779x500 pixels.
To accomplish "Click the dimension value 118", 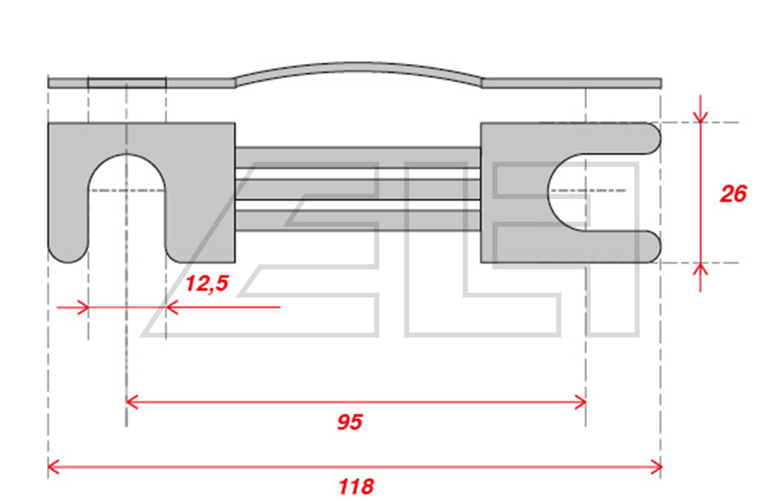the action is [x=356, y=486].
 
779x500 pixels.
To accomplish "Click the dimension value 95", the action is [x=350, y=422].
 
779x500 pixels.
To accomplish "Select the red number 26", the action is [x=733, y=194].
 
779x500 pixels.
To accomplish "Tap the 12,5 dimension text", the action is [x=207, y=283].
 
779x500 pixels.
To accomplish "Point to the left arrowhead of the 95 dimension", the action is [x=132, y=402].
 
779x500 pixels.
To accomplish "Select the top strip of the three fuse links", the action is [x=358, y=158].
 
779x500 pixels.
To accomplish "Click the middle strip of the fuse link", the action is [x=358, y=189].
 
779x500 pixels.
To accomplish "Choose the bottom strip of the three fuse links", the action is [x=358, y=221].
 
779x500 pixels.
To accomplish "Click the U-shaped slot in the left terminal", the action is [x=126, y=198].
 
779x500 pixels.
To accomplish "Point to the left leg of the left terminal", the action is [x=68, y=198].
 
